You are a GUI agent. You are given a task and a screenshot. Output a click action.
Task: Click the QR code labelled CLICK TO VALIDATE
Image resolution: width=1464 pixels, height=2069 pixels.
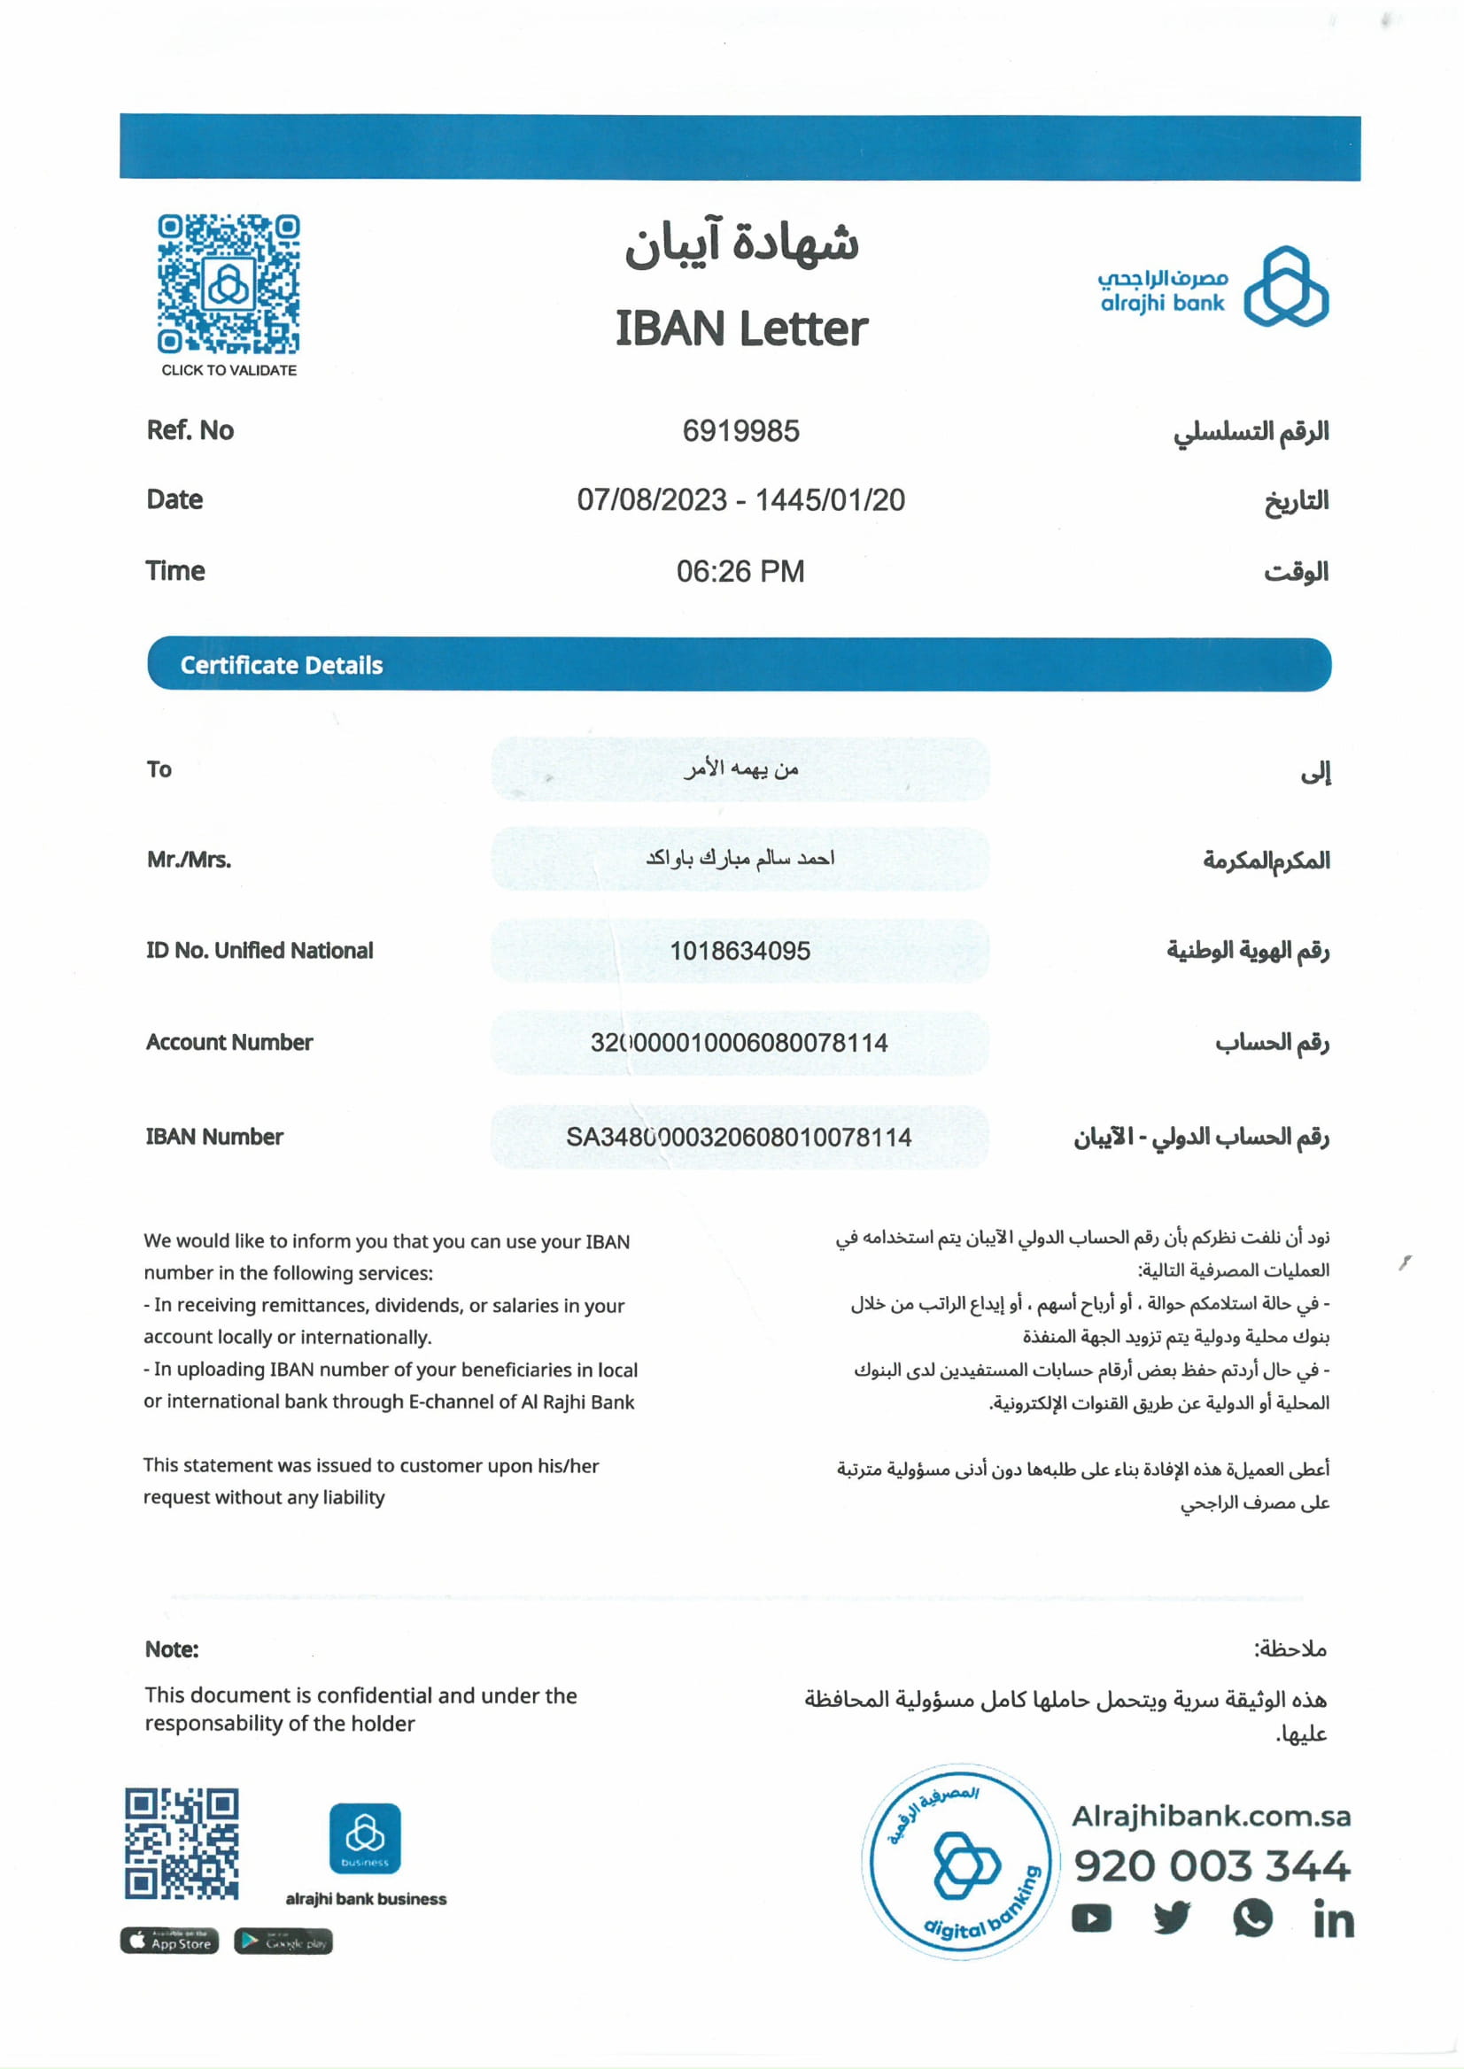(x=229, y=284)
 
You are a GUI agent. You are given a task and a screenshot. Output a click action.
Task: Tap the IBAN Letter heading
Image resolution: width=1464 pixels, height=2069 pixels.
(x=741, y=328)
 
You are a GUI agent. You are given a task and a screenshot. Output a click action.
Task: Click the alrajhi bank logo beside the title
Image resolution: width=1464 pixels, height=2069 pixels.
(x=1212, y=287)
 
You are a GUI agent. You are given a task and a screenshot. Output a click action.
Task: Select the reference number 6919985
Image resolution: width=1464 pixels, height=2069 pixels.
(x=740, y=431)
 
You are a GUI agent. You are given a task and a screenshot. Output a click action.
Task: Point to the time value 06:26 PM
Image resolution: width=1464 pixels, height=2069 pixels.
(x=740, y=571)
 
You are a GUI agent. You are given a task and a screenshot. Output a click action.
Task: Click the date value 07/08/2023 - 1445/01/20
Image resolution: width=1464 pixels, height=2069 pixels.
(x=741, y=500)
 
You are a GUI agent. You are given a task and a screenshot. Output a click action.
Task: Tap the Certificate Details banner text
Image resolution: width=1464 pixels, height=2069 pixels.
(x=282, y=665)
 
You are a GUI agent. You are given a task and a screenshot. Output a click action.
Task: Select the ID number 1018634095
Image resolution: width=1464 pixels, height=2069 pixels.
(x=740, y=951)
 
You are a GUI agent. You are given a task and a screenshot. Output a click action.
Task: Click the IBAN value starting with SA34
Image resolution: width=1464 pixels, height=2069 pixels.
(x=739, y=1138)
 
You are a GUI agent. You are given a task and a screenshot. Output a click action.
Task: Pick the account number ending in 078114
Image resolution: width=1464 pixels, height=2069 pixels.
(x=740, y=1043)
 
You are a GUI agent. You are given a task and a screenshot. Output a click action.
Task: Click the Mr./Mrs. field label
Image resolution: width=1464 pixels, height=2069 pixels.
(x=190, y=860)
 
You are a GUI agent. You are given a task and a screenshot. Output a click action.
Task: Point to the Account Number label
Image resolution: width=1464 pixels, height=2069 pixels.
(x=229, y=1043)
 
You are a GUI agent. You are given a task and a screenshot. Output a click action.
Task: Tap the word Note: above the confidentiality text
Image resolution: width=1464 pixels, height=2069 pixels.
(x=171, y=1649)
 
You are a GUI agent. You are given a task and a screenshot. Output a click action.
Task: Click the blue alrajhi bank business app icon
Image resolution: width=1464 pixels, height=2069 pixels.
(x=364, y=1838)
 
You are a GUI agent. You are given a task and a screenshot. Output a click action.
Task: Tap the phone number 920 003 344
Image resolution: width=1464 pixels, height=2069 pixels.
(x=1212, y=1865)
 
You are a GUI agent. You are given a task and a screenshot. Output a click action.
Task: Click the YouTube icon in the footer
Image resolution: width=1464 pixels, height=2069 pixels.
(x=1091, y=1918)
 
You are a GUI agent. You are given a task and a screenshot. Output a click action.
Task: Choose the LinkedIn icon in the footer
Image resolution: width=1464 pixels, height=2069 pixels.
(x=1333, y=1918)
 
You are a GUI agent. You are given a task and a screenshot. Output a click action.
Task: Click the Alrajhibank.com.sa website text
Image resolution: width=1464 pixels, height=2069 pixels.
(x=1211, y=1816)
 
